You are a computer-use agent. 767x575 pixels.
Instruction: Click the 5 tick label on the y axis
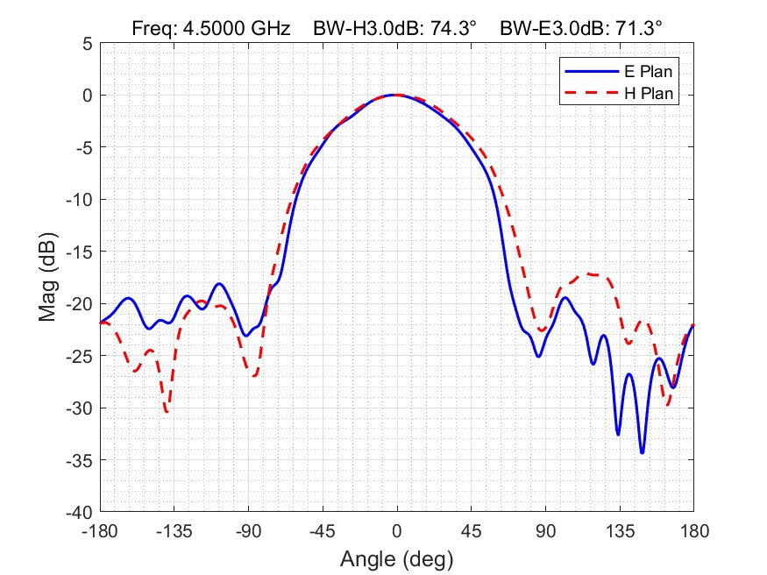[87, 43]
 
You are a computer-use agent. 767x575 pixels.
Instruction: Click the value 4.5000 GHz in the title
[235, 28]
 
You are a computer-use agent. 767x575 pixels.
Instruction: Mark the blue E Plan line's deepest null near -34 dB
[642, 452]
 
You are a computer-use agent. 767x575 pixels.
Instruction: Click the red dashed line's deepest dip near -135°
[167, 411]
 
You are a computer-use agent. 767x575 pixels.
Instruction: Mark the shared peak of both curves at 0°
[396, 95]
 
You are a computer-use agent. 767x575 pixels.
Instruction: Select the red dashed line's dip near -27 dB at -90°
[253, 376]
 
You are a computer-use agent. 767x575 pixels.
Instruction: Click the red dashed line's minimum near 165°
[668, 405]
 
